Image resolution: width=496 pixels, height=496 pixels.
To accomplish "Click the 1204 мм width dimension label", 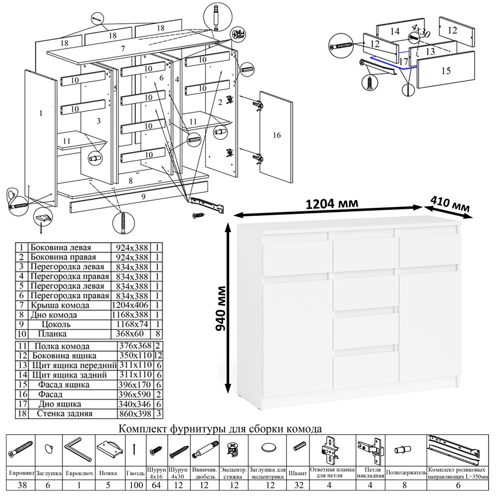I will pyautogui.click(x=332, y=204).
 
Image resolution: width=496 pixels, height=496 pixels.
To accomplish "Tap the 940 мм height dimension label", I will pyautogui.click(x=222, y=308).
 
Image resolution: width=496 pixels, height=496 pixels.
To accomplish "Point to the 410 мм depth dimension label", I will pyautogui.click(x=450, y=205).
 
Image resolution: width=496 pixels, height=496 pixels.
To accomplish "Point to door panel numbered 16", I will pyautogui.click(x=277, y=135).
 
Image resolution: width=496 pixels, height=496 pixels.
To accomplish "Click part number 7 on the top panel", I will pyautogui.click(x=122, y=48).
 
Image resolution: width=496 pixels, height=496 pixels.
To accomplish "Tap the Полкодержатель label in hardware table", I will pyautogui.click(x=406, y=473).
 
